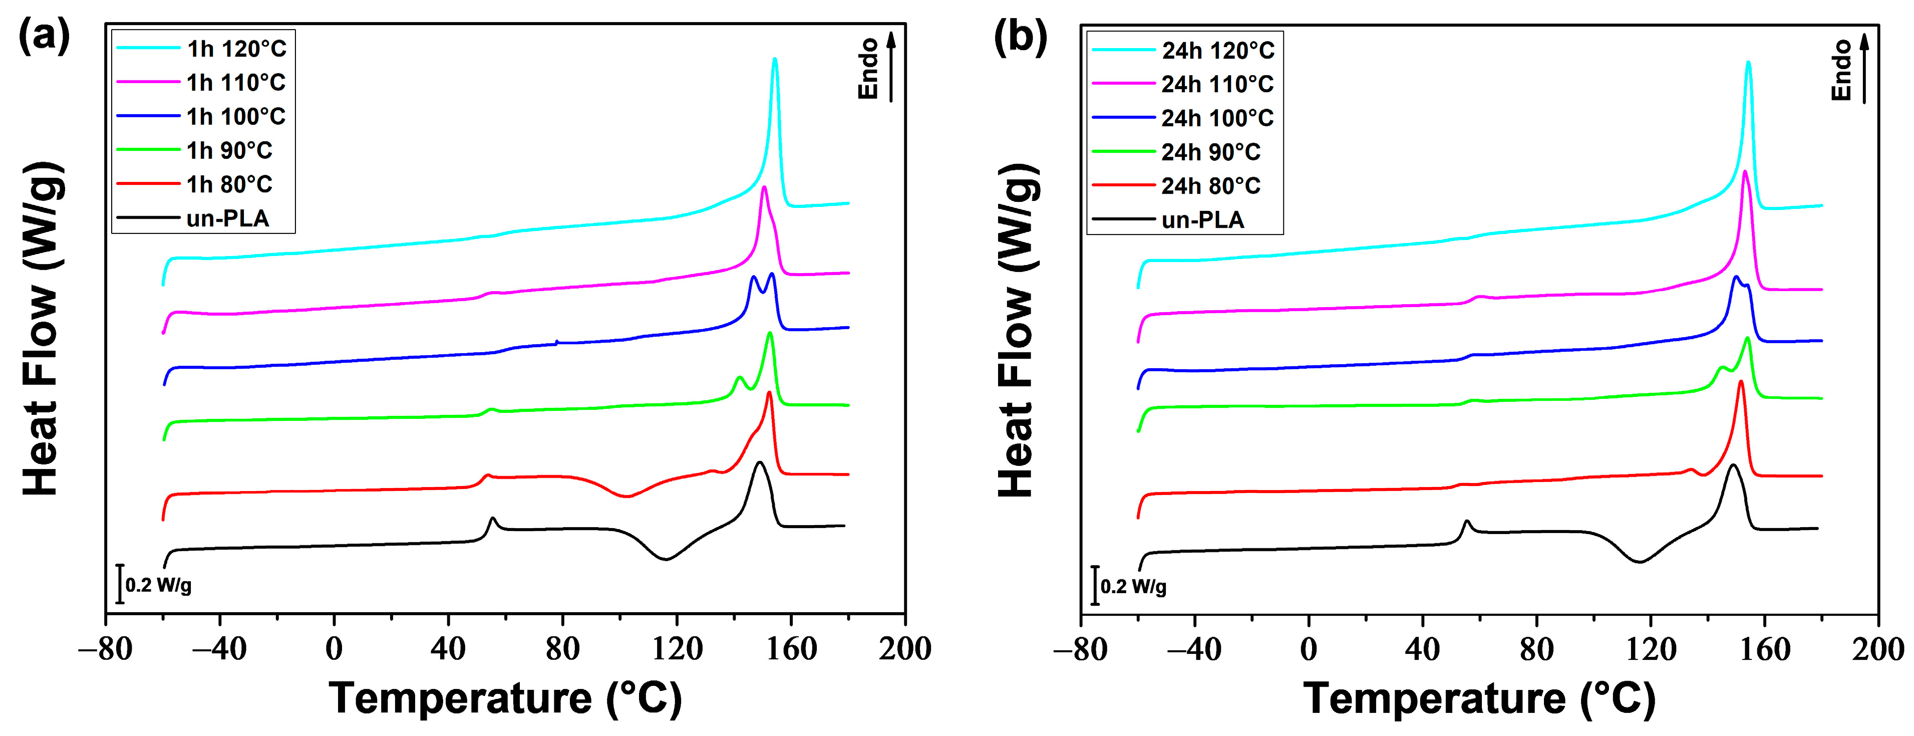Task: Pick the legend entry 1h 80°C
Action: (229, 184)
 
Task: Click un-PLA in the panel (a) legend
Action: (227, 218)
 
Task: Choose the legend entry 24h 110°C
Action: (1217, 84)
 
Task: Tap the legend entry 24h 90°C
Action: (1210, 152)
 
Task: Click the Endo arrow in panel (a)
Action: (891, 67)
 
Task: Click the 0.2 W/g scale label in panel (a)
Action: (158, 585)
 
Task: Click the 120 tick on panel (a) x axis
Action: (677, 648)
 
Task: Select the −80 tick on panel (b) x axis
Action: (1080, 649)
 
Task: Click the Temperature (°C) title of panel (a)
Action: (505, 697)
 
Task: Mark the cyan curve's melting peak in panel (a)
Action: (775, 60)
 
